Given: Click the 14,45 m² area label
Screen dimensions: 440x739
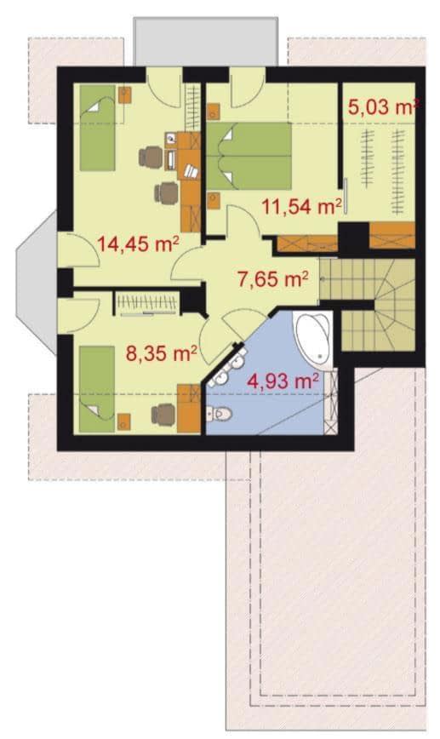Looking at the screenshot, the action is point(138,245).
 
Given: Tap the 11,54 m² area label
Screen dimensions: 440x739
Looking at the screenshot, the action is point(302,206).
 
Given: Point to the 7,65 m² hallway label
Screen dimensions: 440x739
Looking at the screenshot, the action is point(273,280).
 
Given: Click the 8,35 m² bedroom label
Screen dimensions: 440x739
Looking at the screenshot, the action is point(162,352).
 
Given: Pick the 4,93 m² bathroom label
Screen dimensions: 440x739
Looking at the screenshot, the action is point(283,381).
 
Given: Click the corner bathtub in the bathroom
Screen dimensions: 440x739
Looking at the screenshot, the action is point(313,339).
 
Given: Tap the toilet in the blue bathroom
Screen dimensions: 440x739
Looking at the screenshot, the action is point(220,415).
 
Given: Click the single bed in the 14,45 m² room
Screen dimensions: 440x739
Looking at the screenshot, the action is point(98,127).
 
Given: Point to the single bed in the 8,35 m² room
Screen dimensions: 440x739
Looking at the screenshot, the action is point(97,389).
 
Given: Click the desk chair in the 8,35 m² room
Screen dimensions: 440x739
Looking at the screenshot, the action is point(163,414).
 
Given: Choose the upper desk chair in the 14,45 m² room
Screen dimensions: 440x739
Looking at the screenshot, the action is point(151,157).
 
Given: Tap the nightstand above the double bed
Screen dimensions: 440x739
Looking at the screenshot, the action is point(214,112).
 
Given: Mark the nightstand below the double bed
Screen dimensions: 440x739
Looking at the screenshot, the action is point(214,201).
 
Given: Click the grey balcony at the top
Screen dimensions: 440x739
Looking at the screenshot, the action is point(205,42).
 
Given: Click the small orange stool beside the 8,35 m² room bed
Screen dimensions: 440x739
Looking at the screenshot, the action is point(123,421).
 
